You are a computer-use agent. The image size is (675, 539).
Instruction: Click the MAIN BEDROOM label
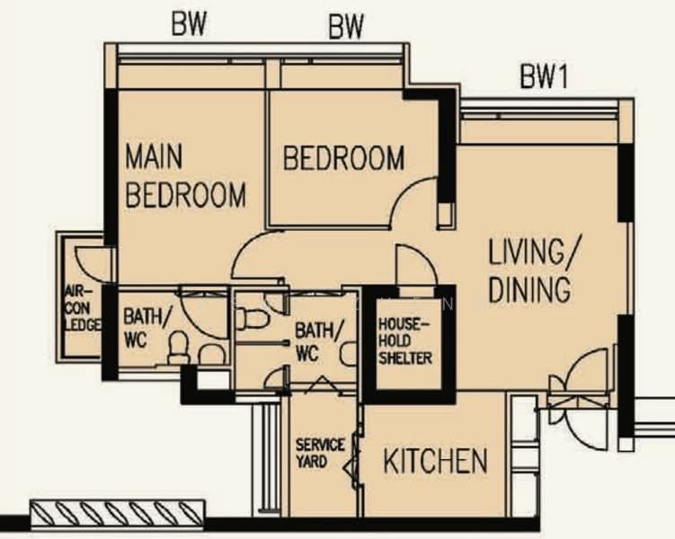click(184, 176)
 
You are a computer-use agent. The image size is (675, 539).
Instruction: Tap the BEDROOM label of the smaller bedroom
click(343, 159)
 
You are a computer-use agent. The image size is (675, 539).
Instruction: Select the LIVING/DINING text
click(529, 270)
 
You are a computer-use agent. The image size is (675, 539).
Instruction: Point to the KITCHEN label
click(435, 462)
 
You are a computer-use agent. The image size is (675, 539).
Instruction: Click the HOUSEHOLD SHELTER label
click(404, 341)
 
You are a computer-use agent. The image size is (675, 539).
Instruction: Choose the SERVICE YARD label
click(320, 453)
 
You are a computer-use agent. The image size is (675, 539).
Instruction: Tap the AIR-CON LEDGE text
click(81, 308)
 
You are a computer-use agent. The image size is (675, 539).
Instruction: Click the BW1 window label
click(544, 78)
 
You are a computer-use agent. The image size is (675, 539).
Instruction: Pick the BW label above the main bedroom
click(189, 25)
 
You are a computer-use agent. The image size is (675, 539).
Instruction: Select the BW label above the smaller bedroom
click(345, 29)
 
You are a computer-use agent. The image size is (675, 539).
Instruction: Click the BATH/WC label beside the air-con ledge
click(141, 328)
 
